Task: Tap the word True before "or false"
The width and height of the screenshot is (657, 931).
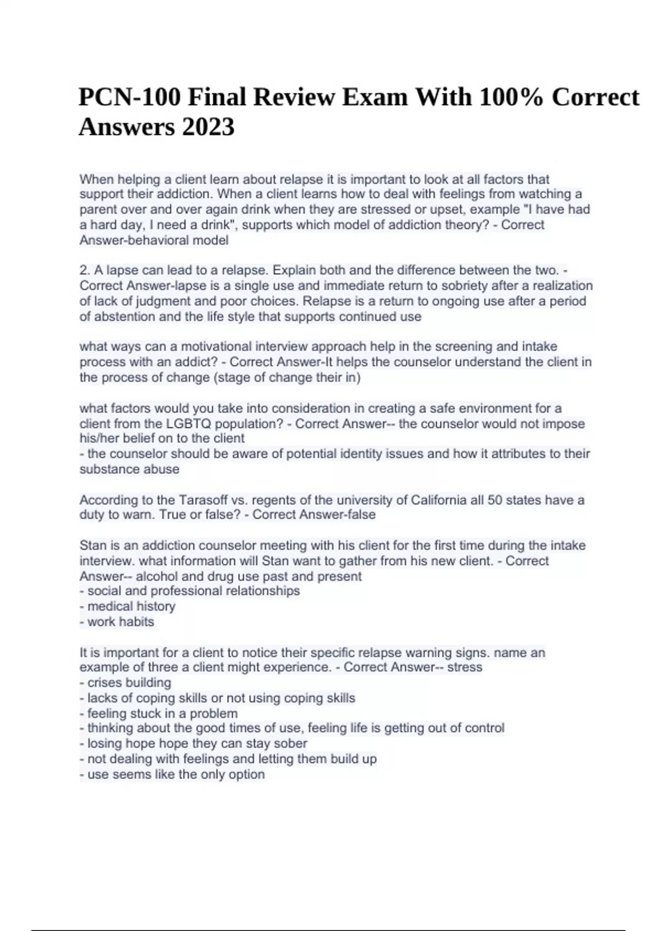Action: (142, 515)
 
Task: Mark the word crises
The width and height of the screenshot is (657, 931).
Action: (105, 683)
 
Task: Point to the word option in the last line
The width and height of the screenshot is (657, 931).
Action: (246, 774)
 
